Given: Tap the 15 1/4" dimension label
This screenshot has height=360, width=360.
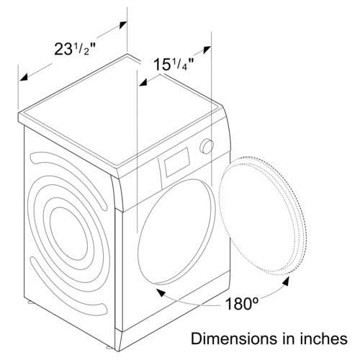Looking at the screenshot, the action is click(x=174, y=64).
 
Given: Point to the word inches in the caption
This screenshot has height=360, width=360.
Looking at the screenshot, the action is click(x=323, y=338).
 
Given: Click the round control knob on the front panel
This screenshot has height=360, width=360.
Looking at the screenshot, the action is click(x=207, y=146).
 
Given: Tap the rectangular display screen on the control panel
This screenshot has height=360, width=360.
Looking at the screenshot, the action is click(x=176, y=163).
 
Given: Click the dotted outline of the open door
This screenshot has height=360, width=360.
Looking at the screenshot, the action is click(x=264, y=215).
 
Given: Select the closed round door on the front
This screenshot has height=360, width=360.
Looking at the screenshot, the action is click(x=176, y=231).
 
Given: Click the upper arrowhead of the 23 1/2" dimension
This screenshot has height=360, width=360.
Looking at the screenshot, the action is click(x=123, y=25).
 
